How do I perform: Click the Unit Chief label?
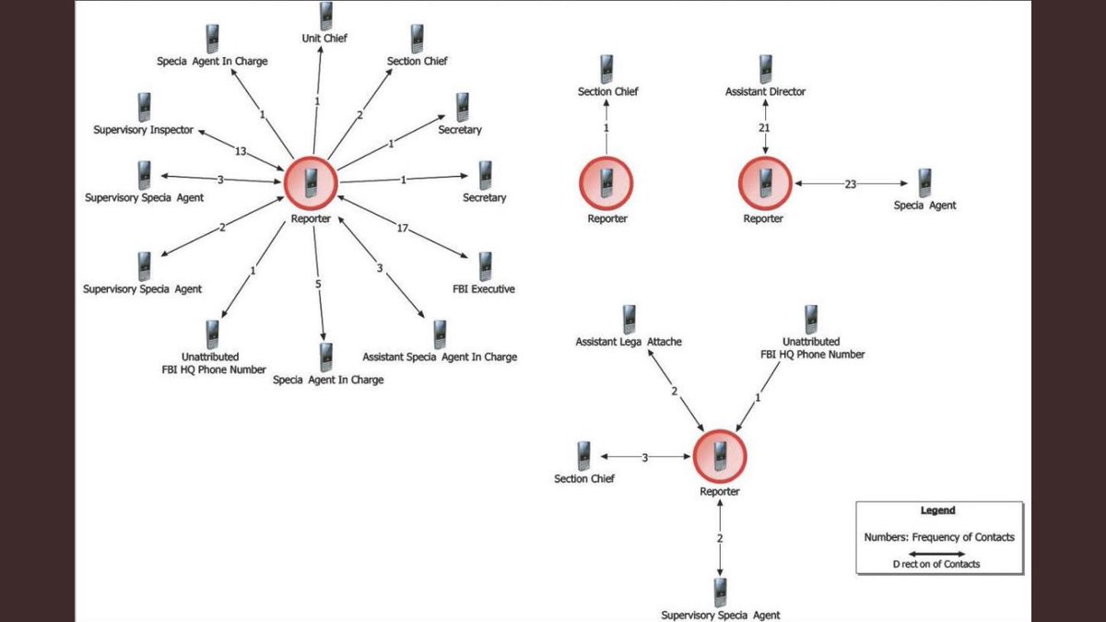(324, 39)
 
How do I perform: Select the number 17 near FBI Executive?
(403, 228)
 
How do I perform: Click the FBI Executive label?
(485, 288)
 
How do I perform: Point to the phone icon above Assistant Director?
(765, 69)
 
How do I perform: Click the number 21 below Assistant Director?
(764, 127)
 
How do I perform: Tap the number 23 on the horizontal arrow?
(850, 184)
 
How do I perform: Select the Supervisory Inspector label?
(144, 130)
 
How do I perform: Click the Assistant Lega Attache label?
(629, 342)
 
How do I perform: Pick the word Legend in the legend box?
(938, 511)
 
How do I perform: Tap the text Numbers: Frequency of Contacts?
(938, 537)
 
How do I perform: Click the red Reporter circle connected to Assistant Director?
(765, 182)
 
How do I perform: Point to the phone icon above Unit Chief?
(325, 16)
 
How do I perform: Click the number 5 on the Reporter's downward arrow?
(318, 284)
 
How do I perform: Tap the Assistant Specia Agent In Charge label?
(440, 357)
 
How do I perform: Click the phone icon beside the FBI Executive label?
(485, 265)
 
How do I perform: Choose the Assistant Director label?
(765, 92)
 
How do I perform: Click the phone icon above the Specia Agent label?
(924, 182)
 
